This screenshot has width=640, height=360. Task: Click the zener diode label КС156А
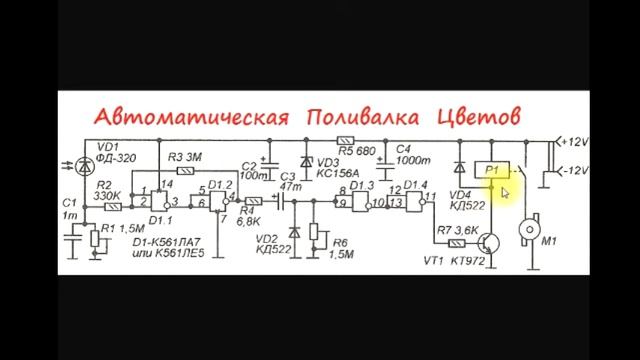point(338,172)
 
